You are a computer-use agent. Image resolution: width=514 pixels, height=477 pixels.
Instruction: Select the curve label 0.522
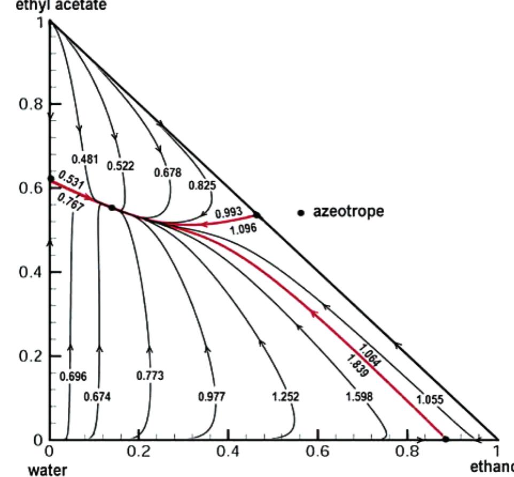(121, 166)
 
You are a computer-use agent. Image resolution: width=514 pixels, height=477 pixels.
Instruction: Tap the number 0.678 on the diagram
(168, 173)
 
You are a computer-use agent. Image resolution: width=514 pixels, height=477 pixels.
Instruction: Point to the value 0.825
(202, 186)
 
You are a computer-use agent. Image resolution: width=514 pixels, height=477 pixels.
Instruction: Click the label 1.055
(429, 400)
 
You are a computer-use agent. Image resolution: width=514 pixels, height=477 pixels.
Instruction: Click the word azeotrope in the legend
(348, 211)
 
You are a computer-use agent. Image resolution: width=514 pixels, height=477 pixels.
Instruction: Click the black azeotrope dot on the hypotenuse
(256, 215)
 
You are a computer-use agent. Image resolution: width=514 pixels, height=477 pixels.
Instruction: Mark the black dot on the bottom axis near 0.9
(446, 439)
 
